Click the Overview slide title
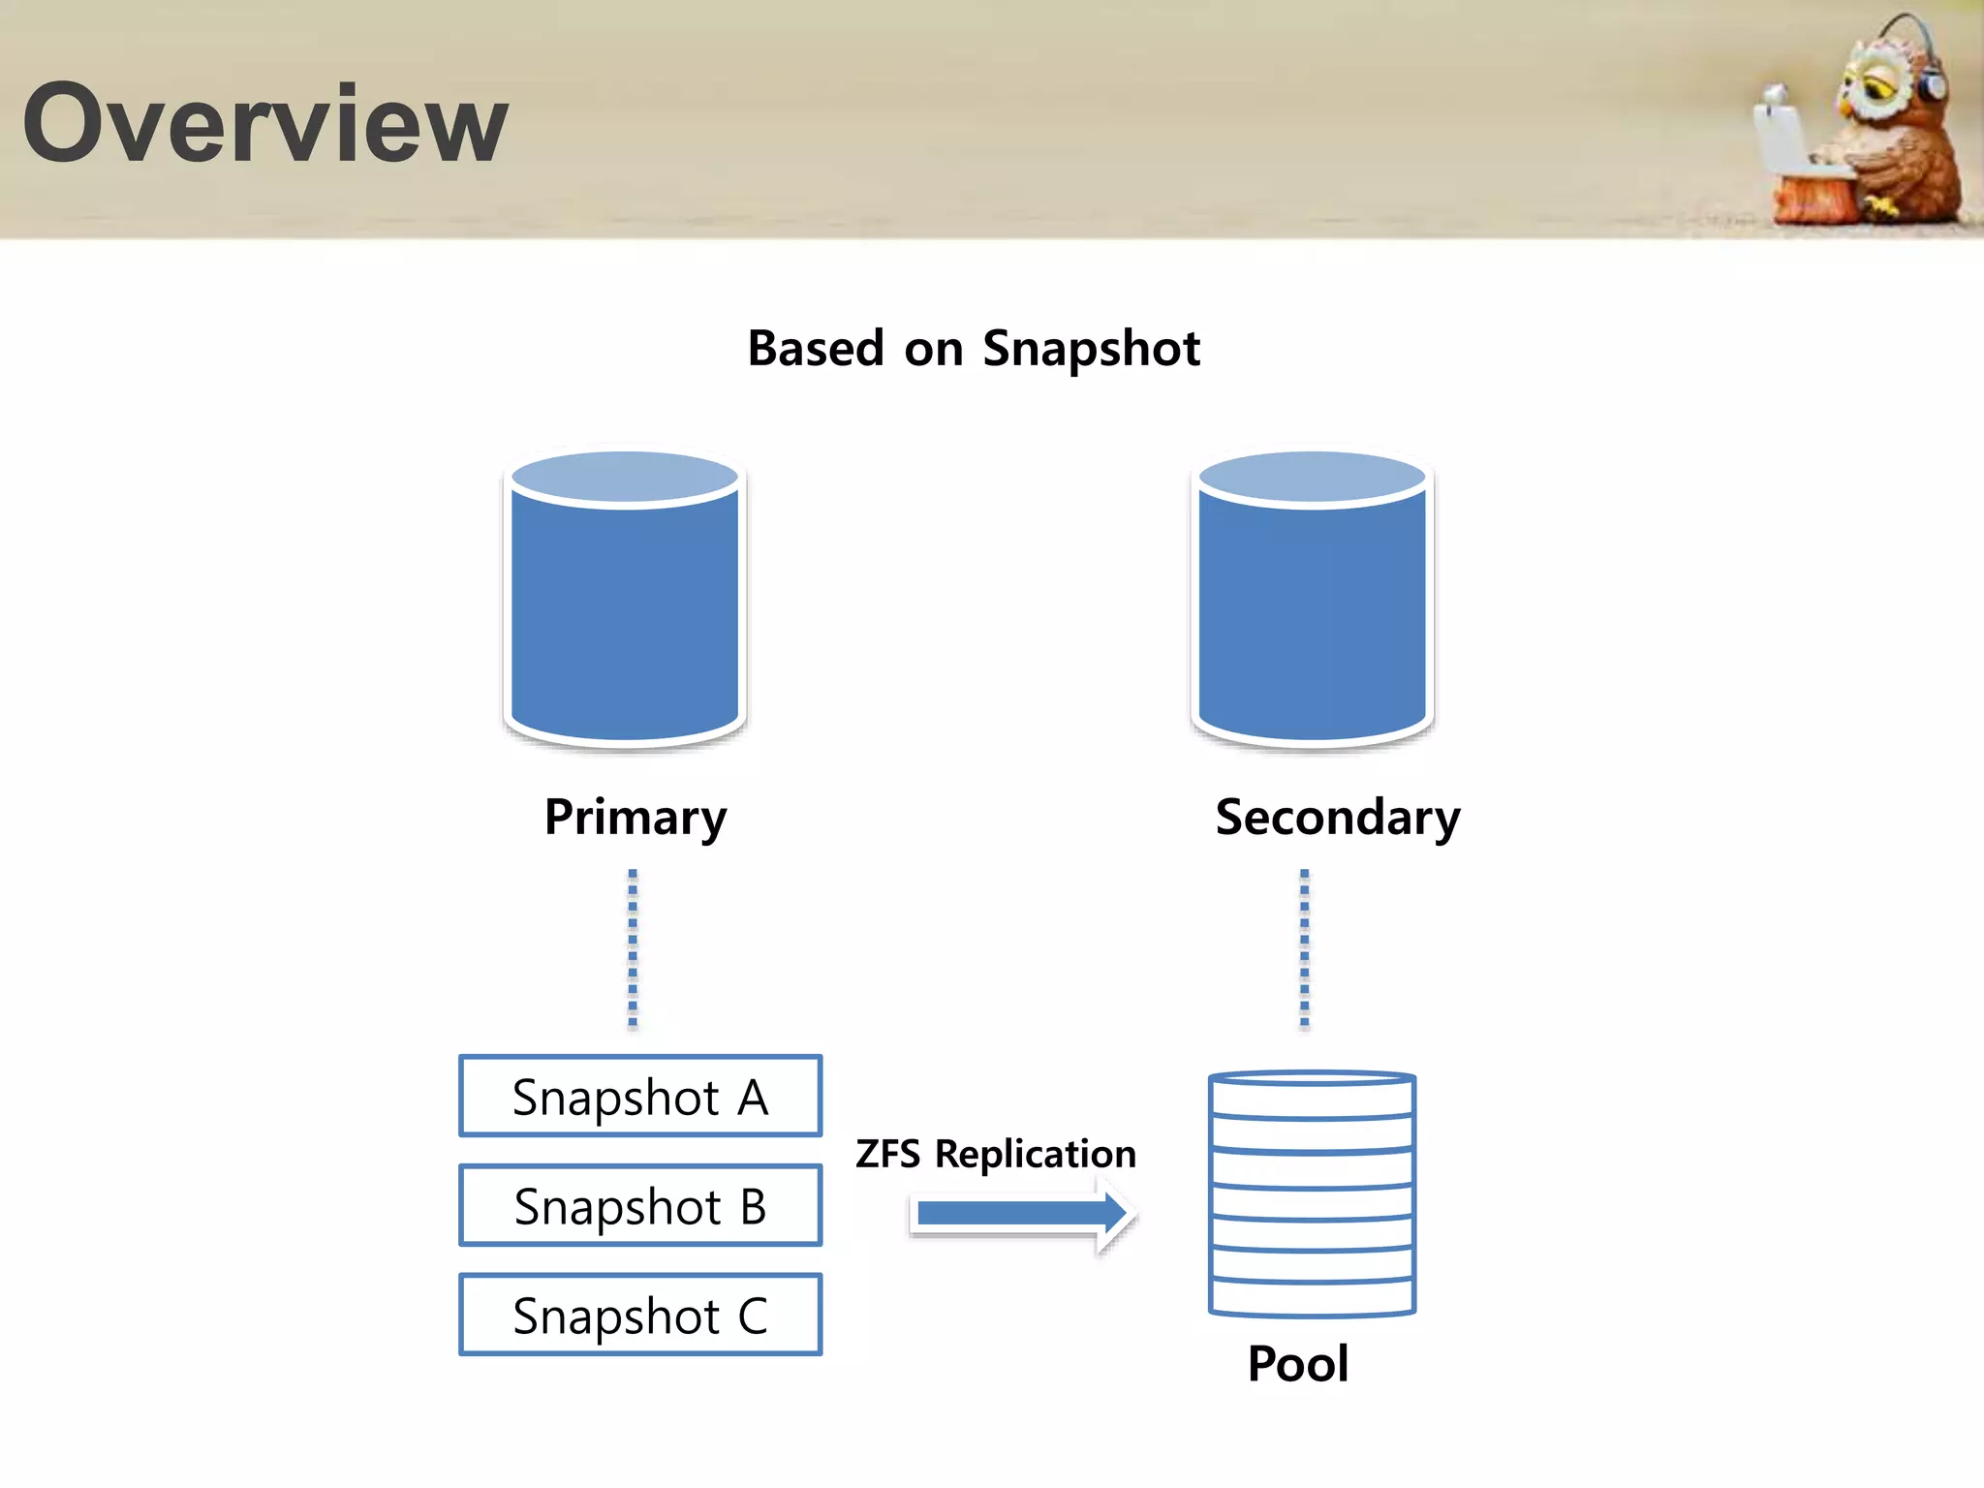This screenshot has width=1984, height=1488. [x=264, y=123]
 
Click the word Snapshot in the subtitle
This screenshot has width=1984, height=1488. [x=1091, y=349]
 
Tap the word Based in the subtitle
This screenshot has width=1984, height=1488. [x=816, y=348]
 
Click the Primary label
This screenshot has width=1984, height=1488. [x=635, y=817]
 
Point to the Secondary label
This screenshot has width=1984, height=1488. [x=1337, y=817]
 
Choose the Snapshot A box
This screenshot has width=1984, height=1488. [x=640, y=1096]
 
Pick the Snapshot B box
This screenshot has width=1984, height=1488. [x=640, y=1205]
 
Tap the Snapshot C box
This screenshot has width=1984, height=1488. [x=640, y=1315]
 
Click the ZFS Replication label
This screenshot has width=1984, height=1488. [x=995, y=1154]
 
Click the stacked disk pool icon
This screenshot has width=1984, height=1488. [x=1312, y=1193]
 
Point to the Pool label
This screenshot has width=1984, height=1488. [x=1297, y=1364]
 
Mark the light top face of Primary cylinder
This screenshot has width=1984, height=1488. [x=625, y=477]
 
